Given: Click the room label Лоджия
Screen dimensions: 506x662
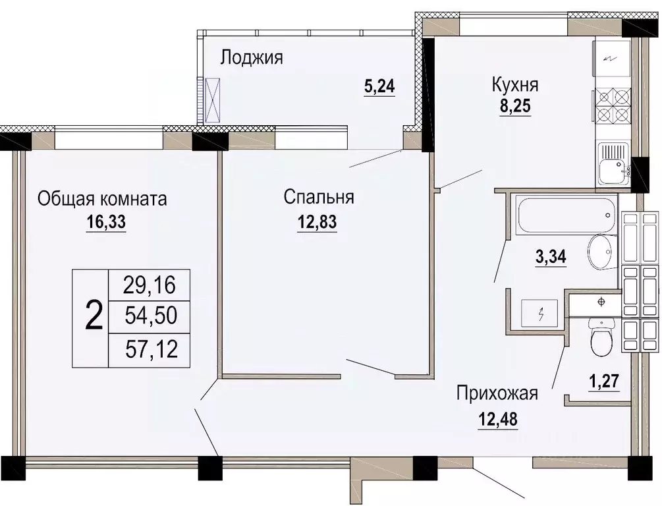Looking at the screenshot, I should [251, 58].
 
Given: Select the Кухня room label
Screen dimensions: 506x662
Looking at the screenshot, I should [515, 85].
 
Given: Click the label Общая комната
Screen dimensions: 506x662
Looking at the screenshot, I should [102, 198].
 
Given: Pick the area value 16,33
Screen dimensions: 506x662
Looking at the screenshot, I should [105, 222].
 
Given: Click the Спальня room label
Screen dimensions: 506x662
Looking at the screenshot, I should [319, 197].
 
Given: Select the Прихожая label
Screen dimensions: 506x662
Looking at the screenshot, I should [497, 394].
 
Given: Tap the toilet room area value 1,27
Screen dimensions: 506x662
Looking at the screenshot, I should [603, 380].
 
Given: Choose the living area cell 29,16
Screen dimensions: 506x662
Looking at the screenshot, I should [150, 285].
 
